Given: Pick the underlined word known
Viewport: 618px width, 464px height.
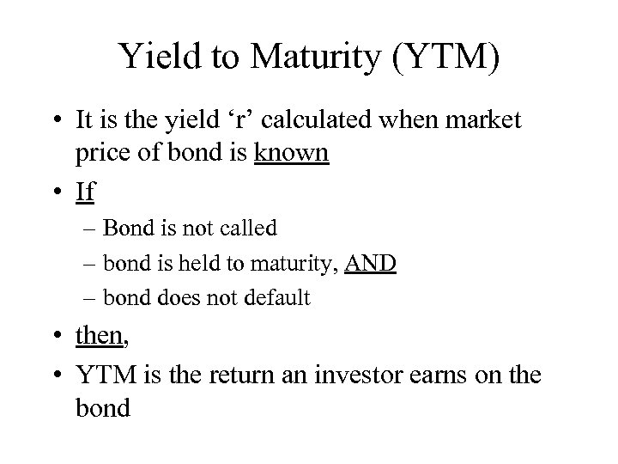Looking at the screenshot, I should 292,153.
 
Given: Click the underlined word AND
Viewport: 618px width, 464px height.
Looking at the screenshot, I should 370,263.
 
